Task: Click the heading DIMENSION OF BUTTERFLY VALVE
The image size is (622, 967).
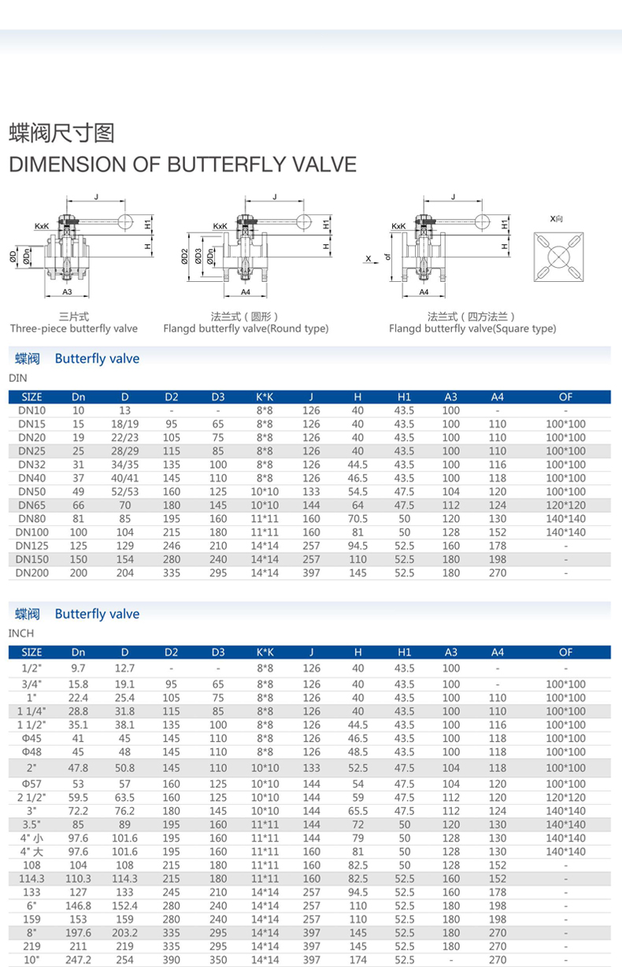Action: point(182,165)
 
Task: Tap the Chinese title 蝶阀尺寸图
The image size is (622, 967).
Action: point(61,132)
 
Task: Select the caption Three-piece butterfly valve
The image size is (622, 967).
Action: point(74,328)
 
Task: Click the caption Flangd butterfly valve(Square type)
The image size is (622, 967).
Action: point(472,328)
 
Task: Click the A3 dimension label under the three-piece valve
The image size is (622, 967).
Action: point(67,292)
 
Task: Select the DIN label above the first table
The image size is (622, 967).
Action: point(17,378)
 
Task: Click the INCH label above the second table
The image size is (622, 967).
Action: point(21,633)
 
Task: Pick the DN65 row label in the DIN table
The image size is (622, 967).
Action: point(32,505)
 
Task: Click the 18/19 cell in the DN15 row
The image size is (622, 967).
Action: point(125,424)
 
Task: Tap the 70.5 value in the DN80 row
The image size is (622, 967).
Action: point(358,518)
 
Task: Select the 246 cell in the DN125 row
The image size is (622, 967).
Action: point(172,546)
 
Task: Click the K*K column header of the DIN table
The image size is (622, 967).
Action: point(265,396)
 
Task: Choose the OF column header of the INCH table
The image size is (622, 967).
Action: point(565,652)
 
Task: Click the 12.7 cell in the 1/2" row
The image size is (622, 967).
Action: point(125,668)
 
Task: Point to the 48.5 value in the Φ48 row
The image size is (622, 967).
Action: point(358,751)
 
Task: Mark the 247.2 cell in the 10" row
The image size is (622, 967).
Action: point(79,960)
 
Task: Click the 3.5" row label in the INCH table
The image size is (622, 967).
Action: point(32,824)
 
